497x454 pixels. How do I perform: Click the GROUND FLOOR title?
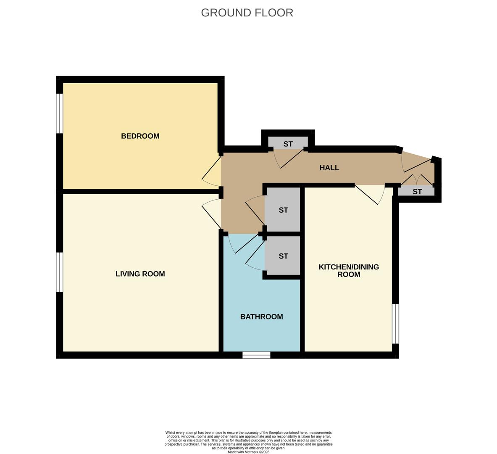tap(247, 13)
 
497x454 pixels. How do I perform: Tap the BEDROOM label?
tap(140, 136)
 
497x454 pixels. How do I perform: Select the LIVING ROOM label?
tap(140, 274)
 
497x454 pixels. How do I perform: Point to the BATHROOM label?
tap(261, 317)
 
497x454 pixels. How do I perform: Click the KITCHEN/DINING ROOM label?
tap(349, 271)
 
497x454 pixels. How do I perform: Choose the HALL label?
tap(329, 168)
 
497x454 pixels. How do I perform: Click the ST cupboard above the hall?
tap(288, 143)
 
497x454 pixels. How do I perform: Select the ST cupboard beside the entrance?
tap(417, 192)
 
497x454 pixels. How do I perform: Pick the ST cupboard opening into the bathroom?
tap(283, 256)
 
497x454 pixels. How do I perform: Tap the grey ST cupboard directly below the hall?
tap(283, 210)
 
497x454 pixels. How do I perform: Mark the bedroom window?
tap(60, 113)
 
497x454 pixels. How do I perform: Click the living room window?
tap(60, 272)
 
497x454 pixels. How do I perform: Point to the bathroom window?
tap(256, 355)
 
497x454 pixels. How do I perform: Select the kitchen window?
tap(395, 324)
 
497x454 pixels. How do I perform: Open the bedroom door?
tap(211, 172)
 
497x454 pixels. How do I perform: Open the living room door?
tap(211, 216)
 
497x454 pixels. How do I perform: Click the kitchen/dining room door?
tap(370, 195)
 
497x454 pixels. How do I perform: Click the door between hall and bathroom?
tap(244, 244)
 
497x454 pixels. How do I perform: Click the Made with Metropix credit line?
tap(248, 452)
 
